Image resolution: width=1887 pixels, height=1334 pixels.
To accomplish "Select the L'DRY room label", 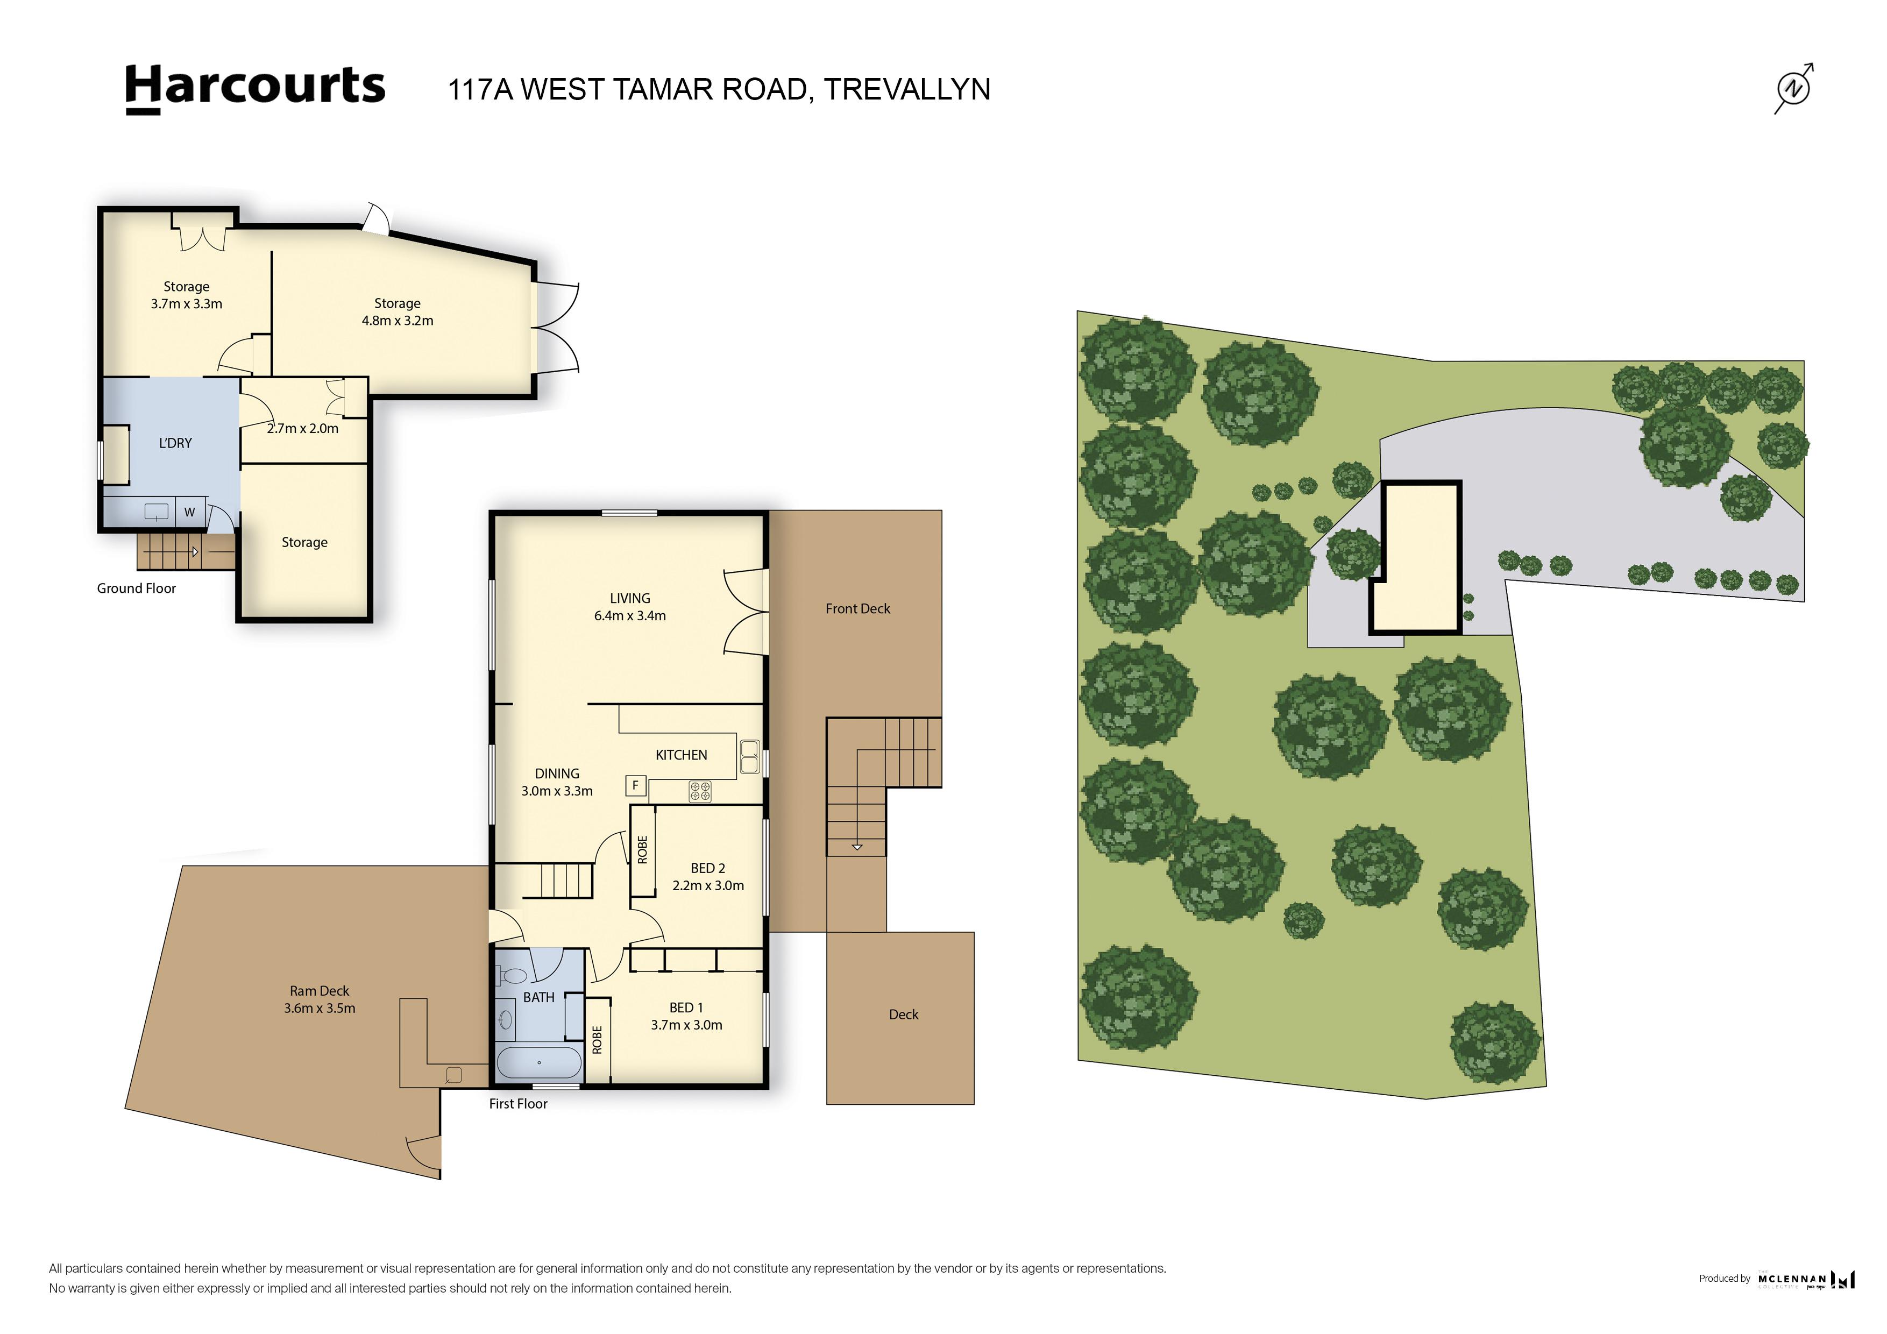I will pyautogui.click(x=175, y=443).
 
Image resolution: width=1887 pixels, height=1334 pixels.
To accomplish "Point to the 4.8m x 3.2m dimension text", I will pyautogui.click(x=397, y=321).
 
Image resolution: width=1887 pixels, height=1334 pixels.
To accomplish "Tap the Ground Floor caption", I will pyautogui.click(x=137, y=588).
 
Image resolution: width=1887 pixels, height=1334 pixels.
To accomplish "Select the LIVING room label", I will pyautogui.click(x=629, y=598).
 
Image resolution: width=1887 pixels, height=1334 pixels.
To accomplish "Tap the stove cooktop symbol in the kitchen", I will pyautogui.click(x=699, y=791).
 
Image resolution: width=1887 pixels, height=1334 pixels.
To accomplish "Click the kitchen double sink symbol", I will pyautogui.click(x=749, y=756).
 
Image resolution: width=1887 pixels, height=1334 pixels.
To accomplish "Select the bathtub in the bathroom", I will pyautogui.click(x=539, y=1062).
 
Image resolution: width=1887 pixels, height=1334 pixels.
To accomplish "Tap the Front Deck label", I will pyautogui.click(x=857, y=609).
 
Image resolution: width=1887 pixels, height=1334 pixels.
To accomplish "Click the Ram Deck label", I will pyautogui.click(x=319, y=991).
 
